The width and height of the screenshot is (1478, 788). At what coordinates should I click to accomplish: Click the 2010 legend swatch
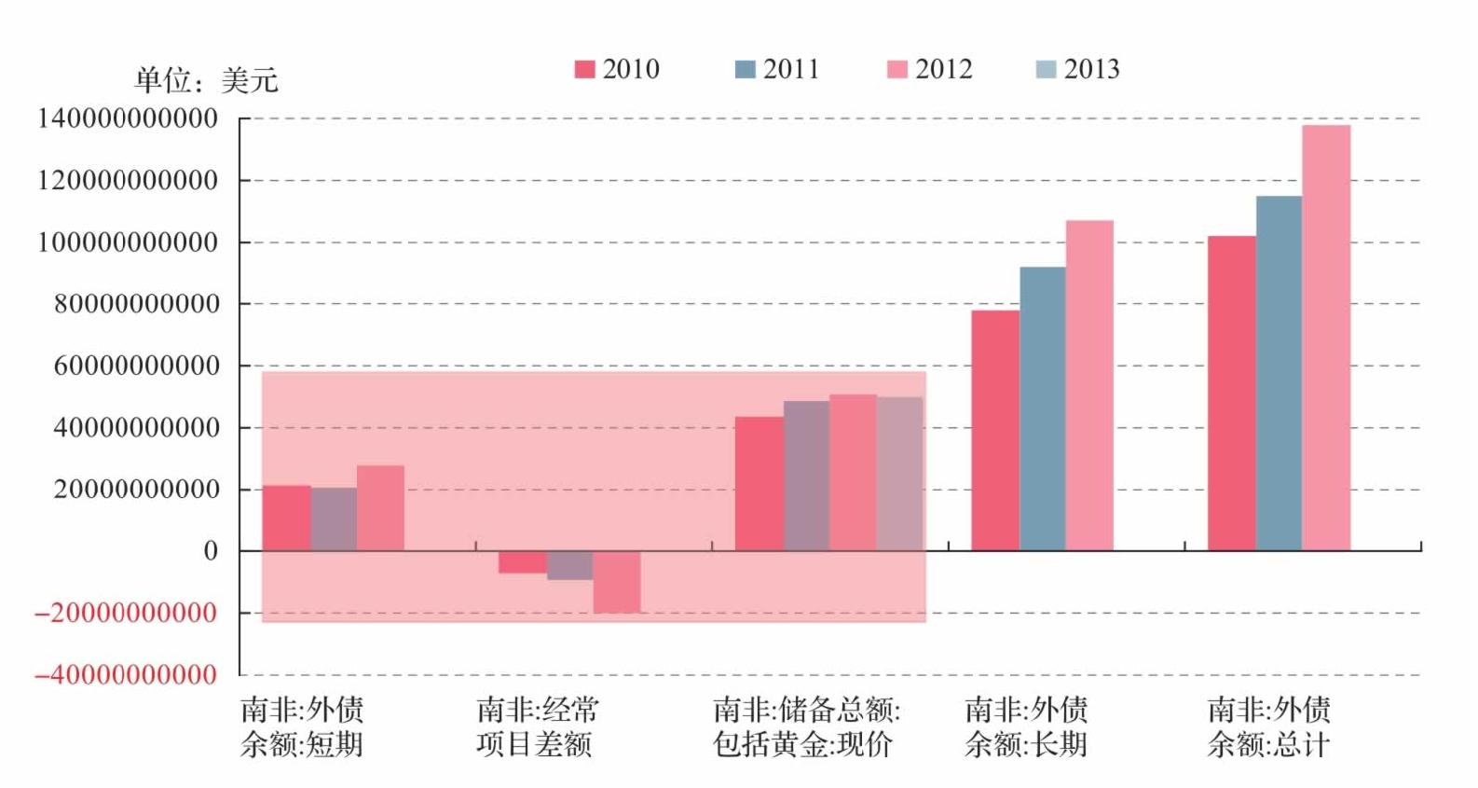(x=584, y=69)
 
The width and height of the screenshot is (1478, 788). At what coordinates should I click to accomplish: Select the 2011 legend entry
(x=777, y=69)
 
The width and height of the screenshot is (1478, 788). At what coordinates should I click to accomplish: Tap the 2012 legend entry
(x=930, y=69)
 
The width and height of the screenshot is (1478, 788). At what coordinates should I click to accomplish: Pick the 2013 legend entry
(x=1078, y=69)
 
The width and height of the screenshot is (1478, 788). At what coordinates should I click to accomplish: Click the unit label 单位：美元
(x=207, y=80)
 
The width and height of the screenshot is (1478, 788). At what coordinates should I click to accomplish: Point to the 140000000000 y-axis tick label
(x=128, y=118)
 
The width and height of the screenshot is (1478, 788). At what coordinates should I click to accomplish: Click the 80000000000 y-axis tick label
(x=137, y=304)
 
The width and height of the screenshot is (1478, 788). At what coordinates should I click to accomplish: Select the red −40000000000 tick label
(x=126, y=675)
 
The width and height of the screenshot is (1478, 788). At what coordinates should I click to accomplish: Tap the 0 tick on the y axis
(x=211, y=551)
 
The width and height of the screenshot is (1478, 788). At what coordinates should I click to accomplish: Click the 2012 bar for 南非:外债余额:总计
(x=1326, y=338)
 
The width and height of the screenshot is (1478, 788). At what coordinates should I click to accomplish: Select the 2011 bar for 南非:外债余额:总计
(x=1279, y=373)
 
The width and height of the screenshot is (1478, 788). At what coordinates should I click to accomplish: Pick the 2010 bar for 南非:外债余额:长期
(x=995, y=430)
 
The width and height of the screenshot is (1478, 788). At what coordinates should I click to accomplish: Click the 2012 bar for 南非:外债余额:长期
(x=1089, y=385)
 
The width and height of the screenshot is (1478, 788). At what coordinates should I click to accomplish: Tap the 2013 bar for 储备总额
(x=899, y=474)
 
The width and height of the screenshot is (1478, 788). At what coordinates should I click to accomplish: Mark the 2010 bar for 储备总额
(x=760, y=483)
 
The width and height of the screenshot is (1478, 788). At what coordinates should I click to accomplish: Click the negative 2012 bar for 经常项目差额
(x=616, y=582)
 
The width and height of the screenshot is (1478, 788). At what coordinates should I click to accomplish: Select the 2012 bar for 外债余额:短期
(x=381, y=508)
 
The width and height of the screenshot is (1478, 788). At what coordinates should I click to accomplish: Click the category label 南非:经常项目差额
(x=538, y=727)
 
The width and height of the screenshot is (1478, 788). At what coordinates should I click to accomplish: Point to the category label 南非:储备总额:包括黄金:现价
(x=806, y=727)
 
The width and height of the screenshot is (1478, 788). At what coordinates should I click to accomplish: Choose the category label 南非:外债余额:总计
(x=1269, y=727)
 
